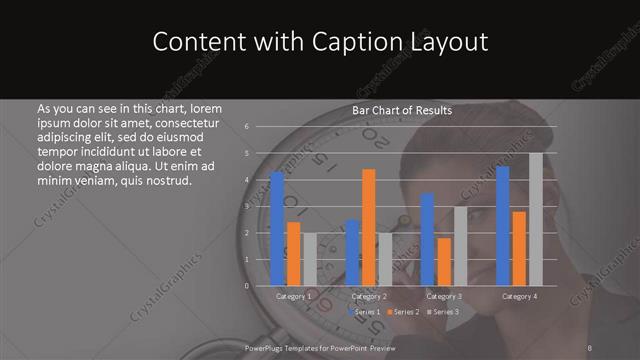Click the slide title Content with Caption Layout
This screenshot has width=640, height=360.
(320, 42)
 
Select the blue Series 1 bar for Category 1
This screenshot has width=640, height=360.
(277, 229)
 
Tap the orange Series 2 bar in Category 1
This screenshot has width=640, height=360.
(293, 254)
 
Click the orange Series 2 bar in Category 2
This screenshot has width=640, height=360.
(369, 227)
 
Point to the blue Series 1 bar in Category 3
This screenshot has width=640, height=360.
(428, 239)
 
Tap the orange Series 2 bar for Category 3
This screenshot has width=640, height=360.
(444, 261)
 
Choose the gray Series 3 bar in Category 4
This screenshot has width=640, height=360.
(535, 219)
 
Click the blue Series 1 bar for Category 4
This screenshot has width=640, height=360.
(503, 226)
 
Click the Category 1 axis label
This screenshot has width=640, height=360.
(294, 297)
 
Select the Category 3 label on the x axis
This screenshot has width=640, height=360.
(444, 297)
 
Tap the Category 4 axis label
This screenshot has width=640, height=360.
(519, 297)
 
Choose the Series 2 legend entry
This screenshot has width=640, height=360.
(402, 313)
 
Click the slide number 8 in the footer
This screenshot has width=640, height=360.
(591, 346)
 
